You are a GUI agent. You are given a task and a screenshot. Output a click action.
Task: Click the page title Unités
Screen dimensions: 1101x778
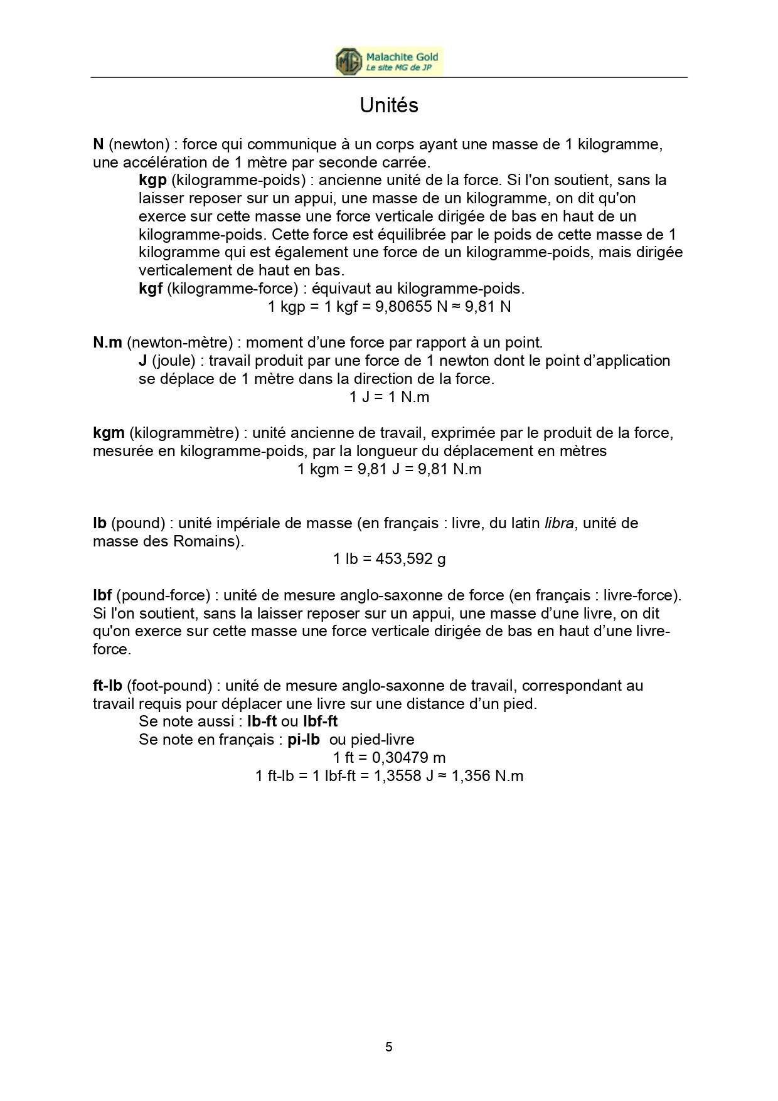(x=389, y=105)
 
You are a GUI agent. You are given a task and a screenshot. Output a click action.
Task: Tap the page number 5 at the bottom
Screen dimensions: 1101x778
(x=389, y=1046)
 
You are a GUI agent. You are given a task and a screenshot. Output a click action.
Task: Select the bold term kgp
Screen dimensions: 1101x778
(x=152, y=181)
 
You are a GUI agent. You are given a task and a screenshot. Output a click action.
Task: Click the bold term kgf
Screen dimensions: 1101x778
(x=151, y=289)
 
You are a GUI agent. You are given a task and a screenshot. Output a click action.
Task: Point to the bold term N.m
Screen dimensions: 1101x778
(x=107, y=343)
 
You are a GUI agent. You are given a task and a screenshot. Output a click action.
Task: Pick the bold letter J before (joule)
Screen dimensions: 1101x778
(x=143, y=361)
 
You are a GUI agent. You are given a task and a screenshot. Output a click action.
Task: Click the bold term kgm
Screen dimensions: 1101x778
(x=109, y=433)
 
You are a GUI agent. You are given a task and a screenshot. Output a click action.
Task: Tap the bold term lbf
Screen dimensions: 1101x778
(x=102, y=595)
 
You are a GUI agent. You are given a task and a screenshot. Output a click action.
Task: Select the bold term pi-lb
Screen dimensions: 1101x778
(x=304, y=740)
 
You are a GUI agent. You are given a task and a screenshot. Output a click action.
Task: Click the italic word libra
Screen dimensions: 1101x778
(x=558, y=523)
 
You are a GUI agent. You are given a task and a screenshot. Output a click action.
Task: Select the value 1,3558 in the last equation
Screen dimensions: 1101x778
(x=397, y=776)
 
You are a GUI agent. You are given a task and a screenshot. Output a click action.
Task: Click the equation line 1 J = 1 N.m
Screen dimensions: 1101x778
(x=389, y=397)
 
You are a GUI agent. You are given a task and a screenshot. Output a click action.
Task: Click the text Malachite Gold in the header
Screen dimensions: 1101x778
(x=402, y=57)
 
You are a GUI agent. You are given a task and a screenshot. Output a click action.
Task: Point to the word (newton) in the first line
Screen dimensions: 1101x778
(x=139, y=144)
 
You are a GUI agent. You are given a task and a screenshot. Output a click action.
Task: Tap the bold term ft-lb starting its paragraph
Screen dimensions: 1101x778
(x=107, y=686)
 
